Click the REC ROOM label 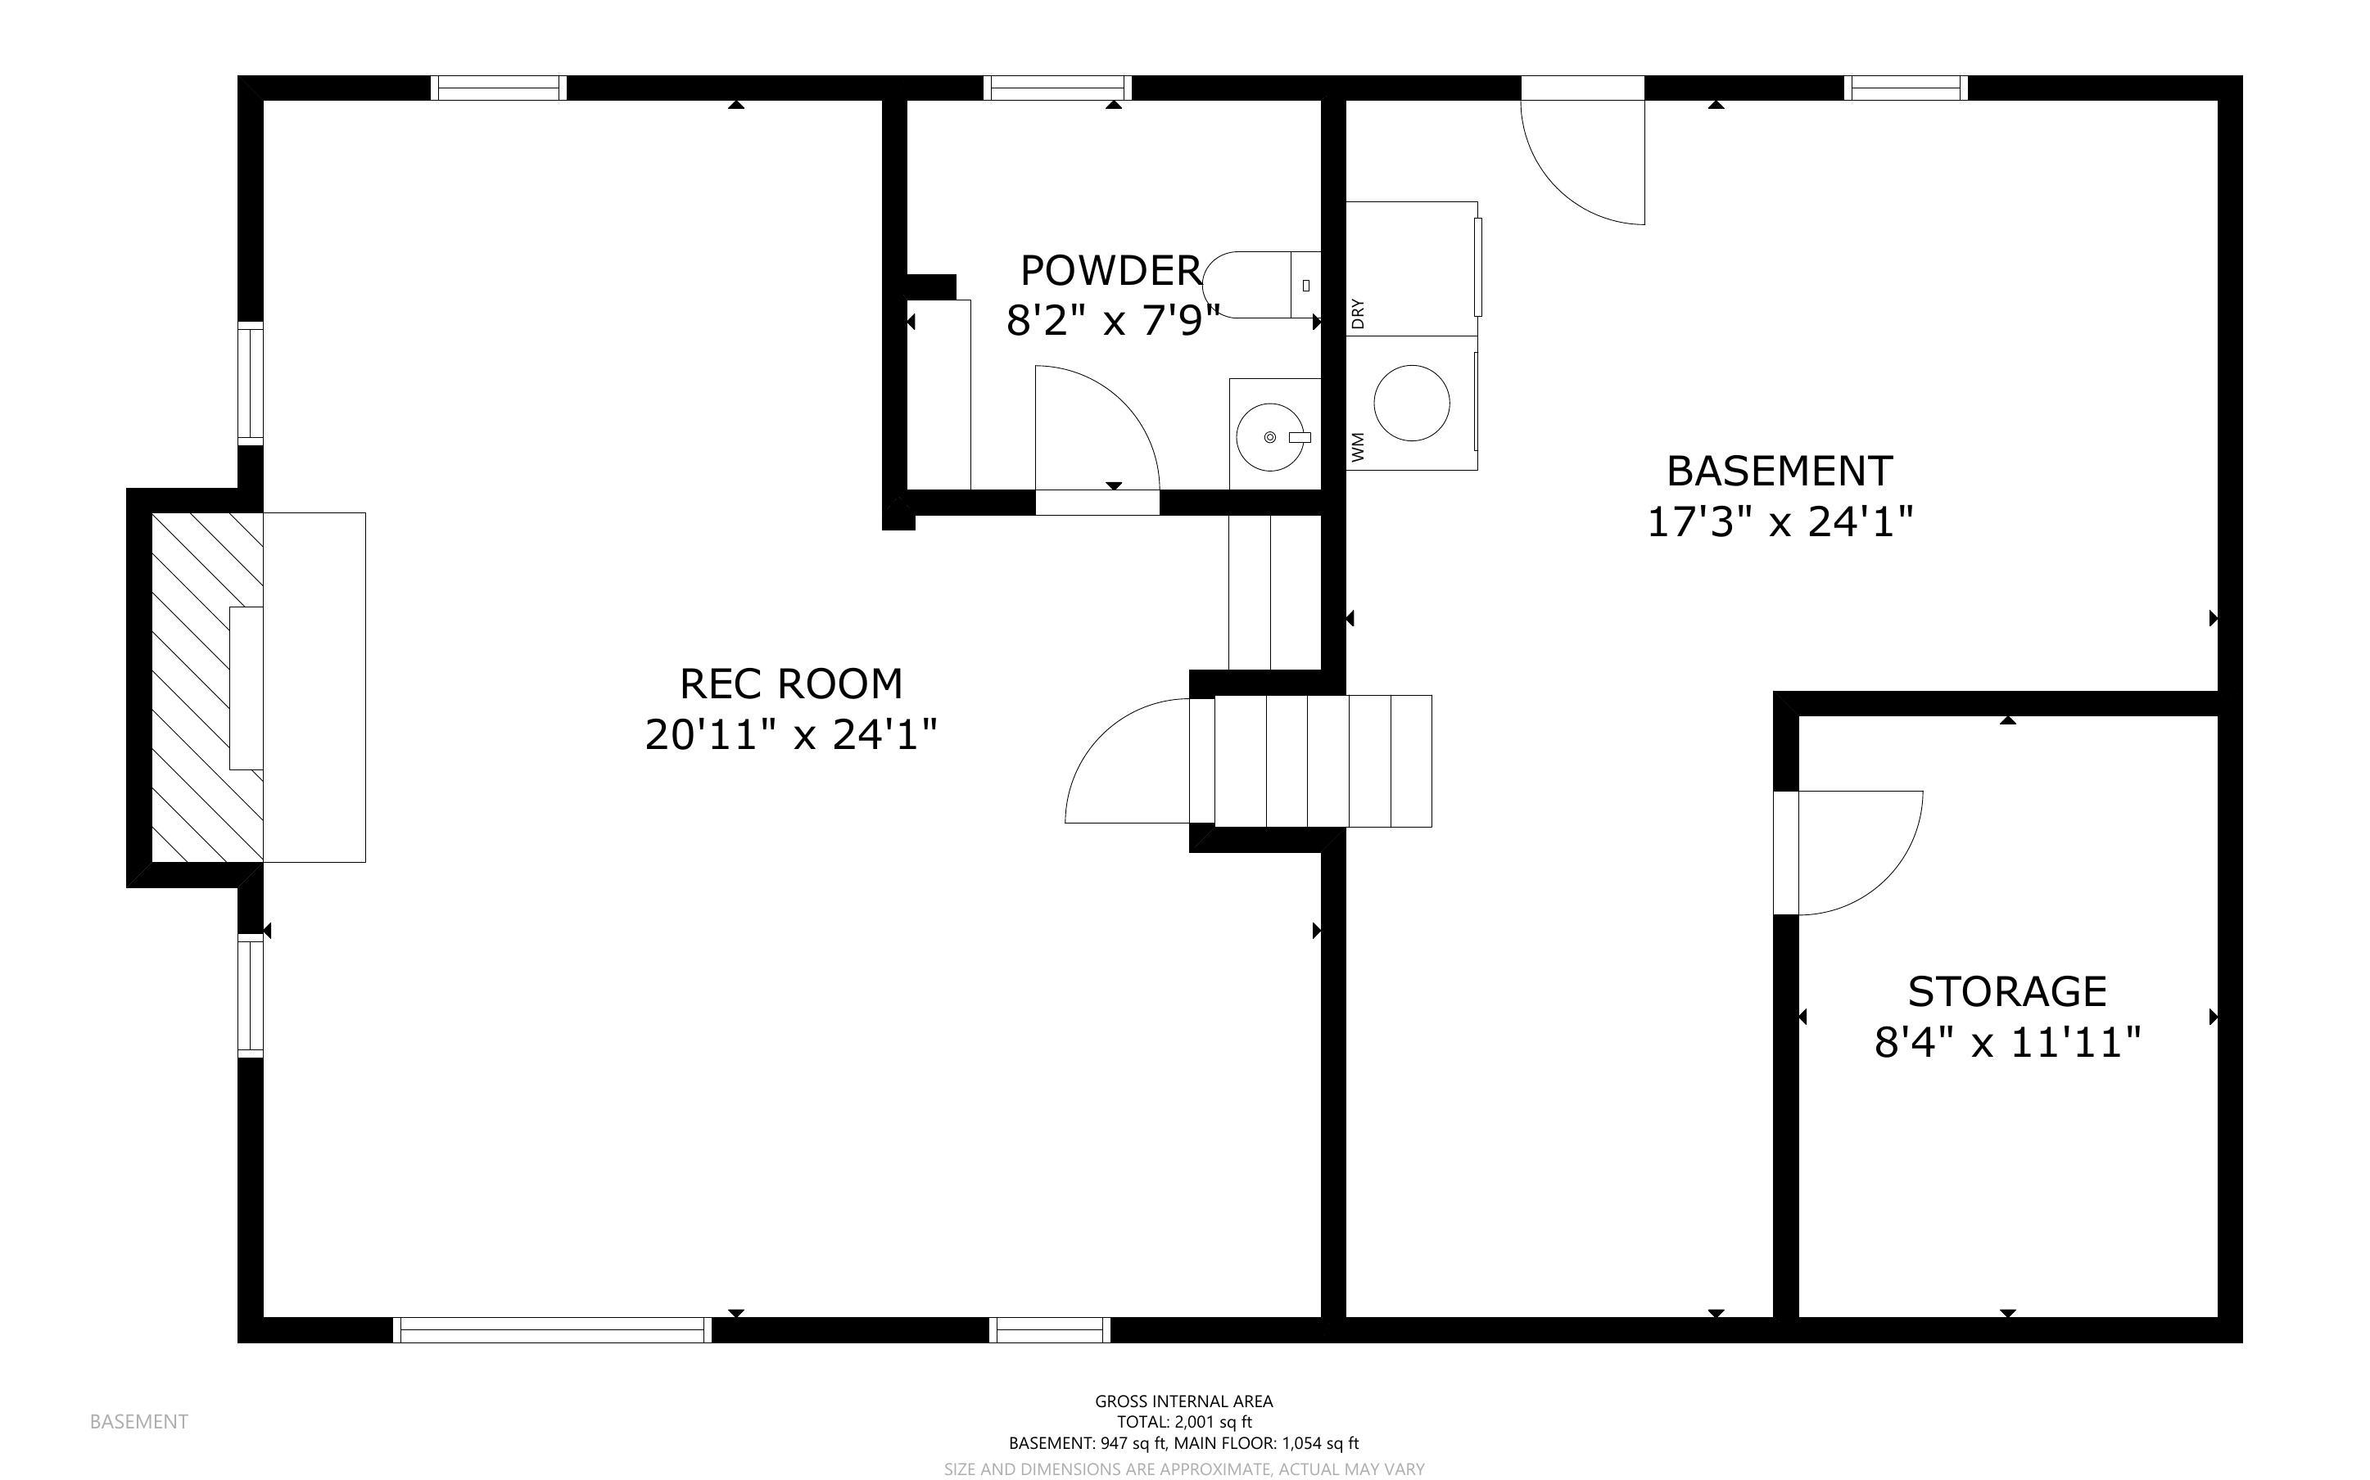(x=791, y=684)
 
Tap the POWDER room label (x=1111, y=270)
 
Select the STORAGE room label (x=2007, y=991)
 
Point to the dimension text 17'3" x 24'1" (x=1780, y=521)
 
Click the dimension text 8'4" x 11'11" (x=2007, y=1042)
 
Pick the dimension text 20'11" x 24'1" (x=791, y=734)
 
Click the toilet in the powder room (x=1261, y=285)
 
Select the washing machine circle (x=1412, y=402)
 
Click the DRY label (x=1358, y=314)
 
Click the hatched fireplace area (x=206, y=687)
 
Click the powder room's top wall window (x=1057, y=88)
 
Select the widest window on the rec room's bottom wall (x=552, y=1329)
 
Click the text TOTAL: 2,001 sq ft (x=1184, y=1421)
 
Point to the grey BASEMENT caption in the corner (x=139, y=1421)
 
